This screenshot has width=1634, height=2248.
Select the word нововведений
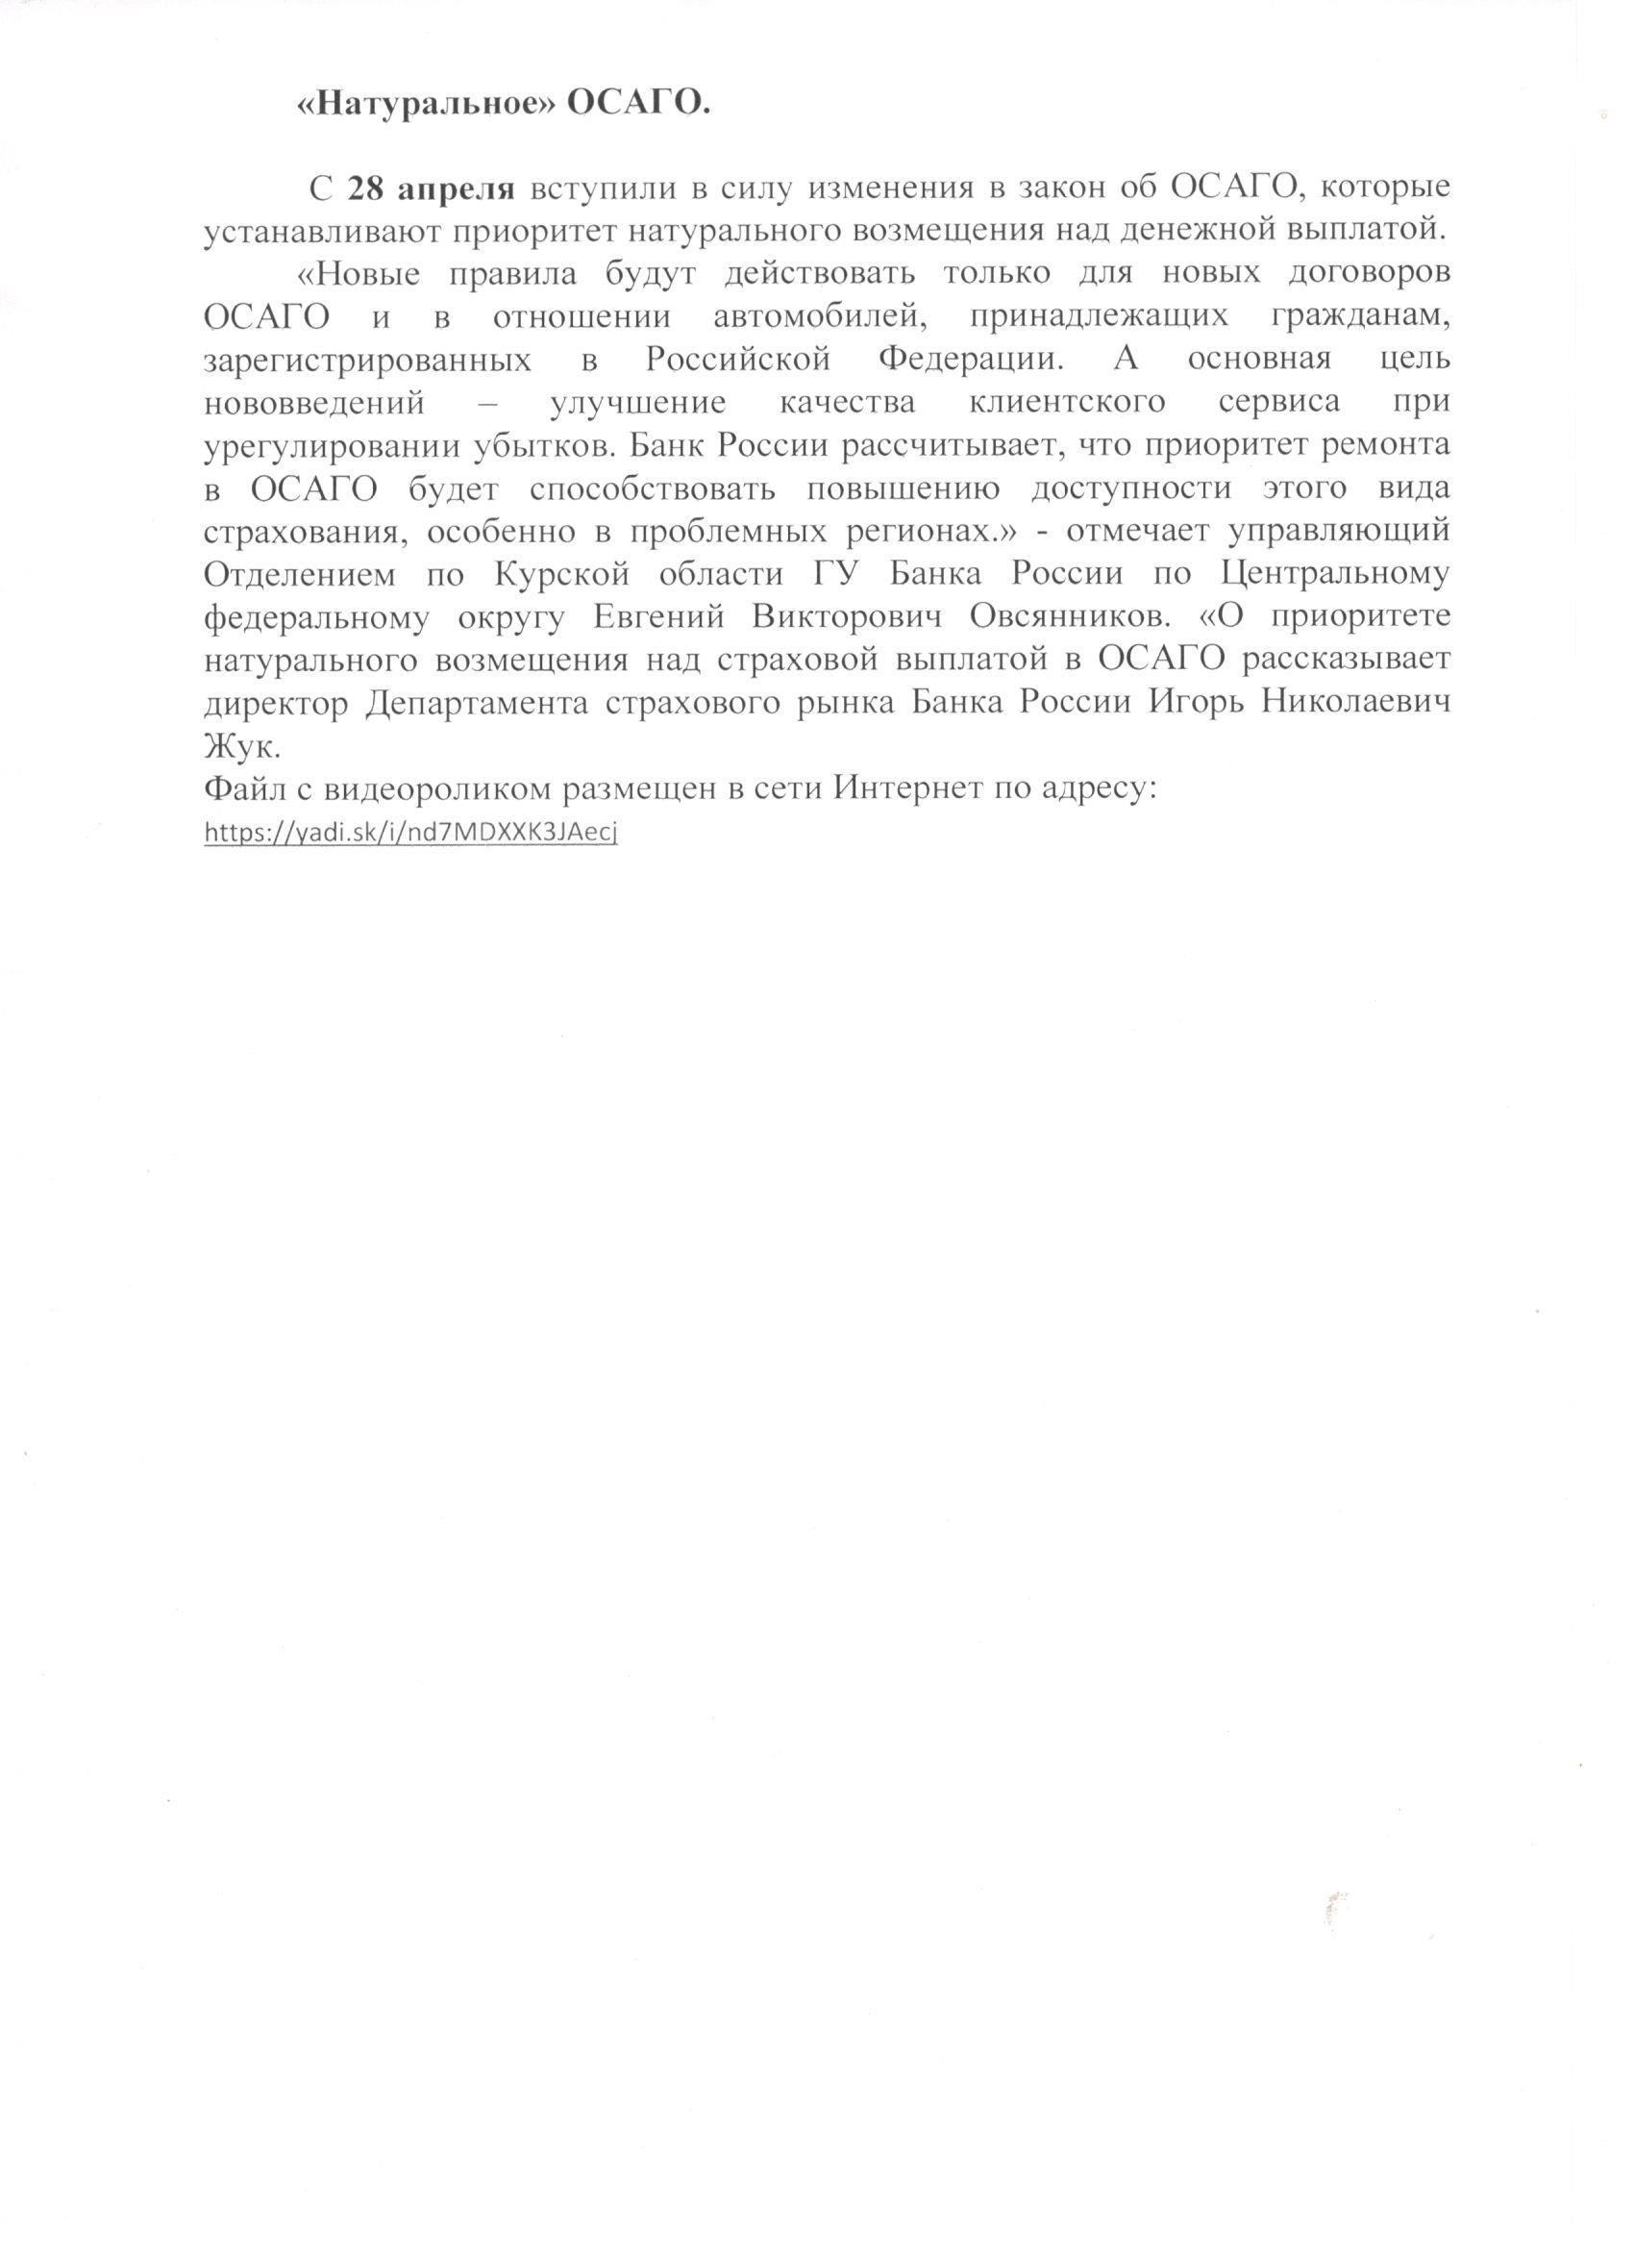point(314,403)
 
